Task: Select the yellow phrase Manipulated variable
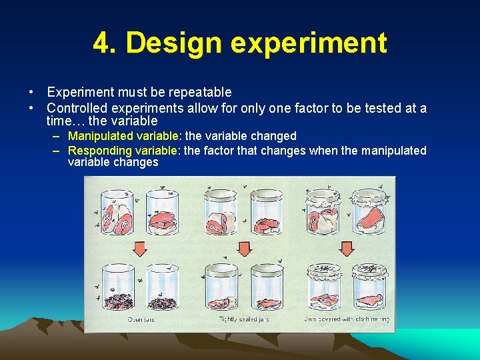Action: point(123,136)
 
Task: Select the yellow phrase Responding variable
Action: point(123,151)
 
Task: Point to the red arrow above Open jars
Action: point(140,249)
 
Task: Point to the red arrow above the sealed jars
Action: point(245,249)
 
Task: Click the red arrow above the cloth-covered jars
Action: point(347,249)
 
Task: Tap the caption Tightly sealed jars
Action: point(245,320)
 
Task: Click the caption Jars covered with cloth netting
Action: point(347,320)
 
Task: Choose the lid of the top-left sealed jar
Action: point(222,194)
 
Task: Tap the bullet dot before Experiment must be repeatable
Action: point(31,92)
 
